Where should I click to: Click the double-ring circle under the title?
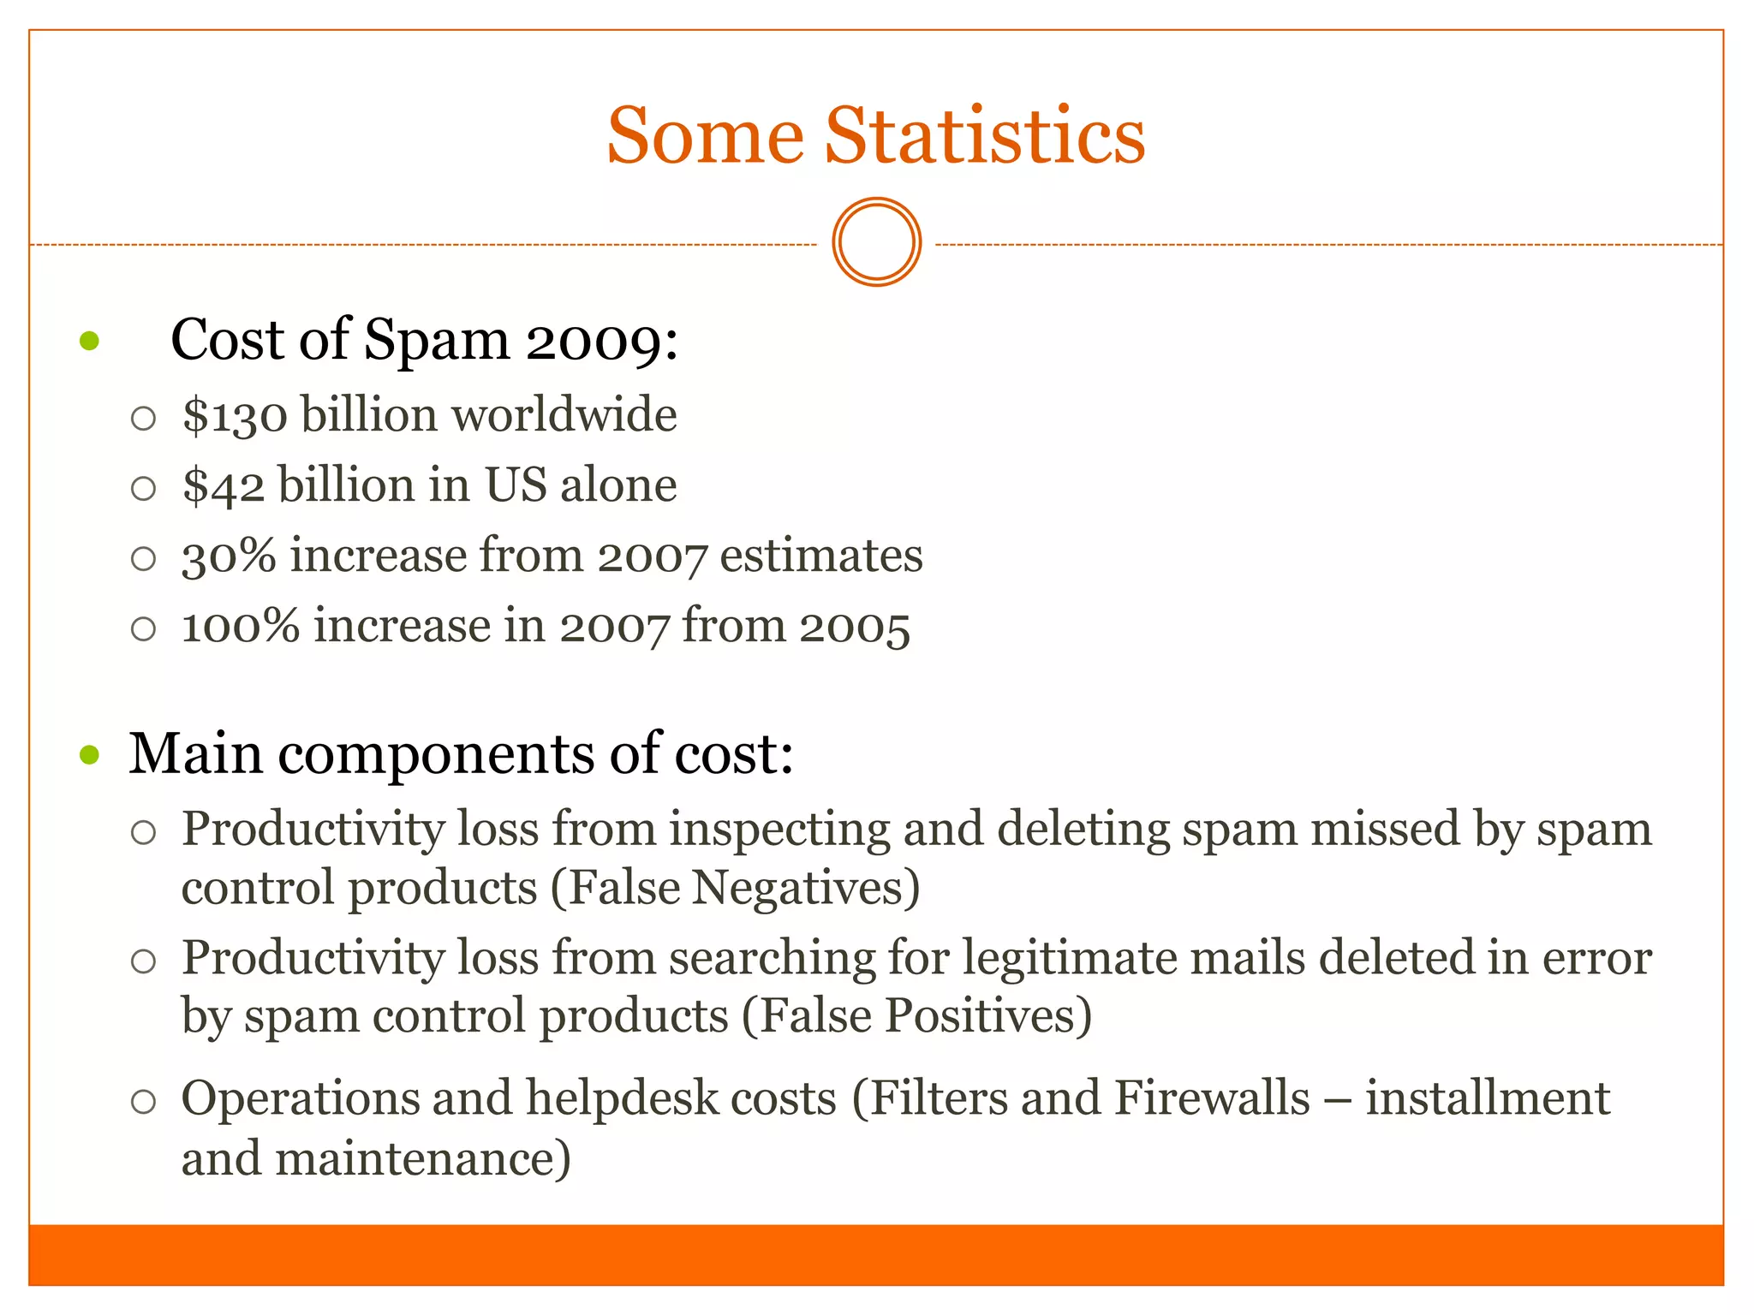(x=876, y=242)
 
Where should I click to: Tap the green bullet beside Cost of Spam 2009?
(x=89, y=342)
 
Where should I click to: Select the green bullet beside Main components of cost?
(x=89, y=755)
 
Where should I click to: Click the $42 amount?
(x=224, y=486)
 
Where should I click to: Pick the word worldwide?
(x=564, y=415)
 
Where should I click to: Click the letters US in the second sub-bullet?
(x=516, y=485)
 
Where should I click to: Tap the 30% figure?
(x=229, y=556)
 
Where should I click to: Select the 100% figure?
(x=241, y=627)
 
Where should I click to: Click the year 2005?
(x=854, y=627)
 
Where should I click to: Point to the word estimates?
(x=820, y=556)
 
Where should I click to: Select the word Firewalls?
(x=1212, y=1098)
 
